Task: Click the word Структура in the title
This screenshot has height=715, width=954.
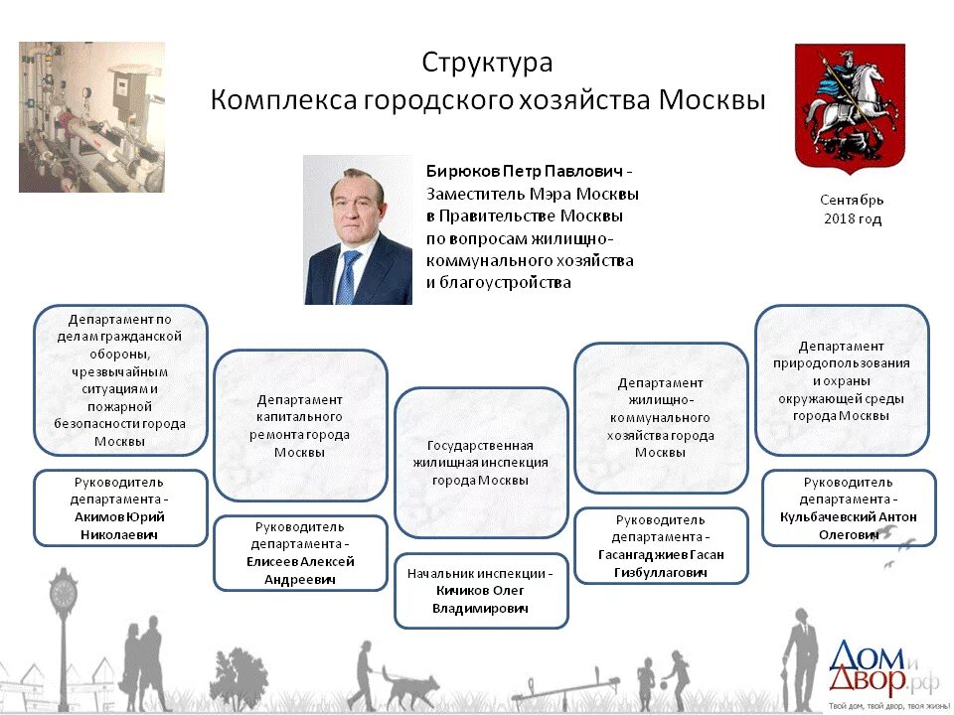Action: click(487, 63)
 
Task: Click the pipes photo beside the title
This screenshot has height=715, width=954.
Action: click(91, 117)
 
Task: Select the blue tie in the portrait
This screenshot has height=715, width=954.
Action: click(347, 277)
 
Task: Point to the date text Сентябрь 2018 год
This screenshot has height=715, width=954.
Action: click(852, 210)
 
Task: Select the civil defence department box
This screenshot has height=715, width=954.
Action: click(120, 380)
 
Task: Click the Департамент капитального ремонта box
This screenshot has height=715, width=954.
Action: click(300, 425)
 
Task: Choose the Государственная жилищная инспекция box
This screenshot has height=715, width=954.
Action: click(481, 463)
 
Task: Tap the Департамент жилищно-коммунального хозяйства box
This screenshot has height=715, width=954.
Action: click(661, 417)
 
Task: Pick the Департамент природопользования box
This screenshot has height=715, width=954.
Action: click(842, 380)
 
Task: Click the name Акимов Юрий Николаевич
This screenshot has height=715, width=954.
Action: click(120, 525)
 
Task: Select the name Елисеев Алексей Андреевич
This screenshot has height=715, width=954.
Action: click(300, 570)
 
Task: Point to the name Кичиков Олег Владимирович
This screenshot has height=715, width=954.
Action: click(481, 599)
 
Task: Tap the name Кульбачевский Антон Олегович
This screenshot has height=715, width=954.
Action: click(849, 525)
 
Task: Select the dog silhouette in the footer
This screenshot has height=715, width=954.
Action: click(410, 685)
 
